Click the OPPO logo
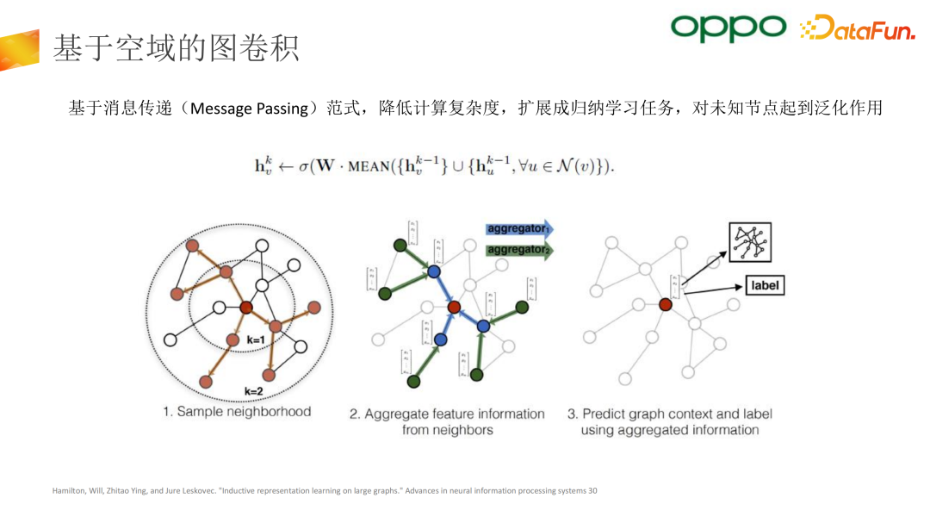728,28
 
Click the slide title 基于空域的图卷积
176,48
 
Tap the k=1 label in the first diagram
256,339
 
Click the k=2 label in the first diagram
254,390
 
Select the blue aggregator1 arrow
520,229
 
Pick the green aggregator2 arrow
520,249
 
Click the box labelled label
764,285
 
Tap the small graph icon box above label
749,242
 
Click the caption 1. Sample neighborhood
237,412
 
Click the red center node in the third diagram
665,304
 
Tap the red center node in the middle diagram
454,306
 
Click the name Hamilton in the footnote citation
69,491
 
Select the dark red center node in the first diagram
245,307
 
